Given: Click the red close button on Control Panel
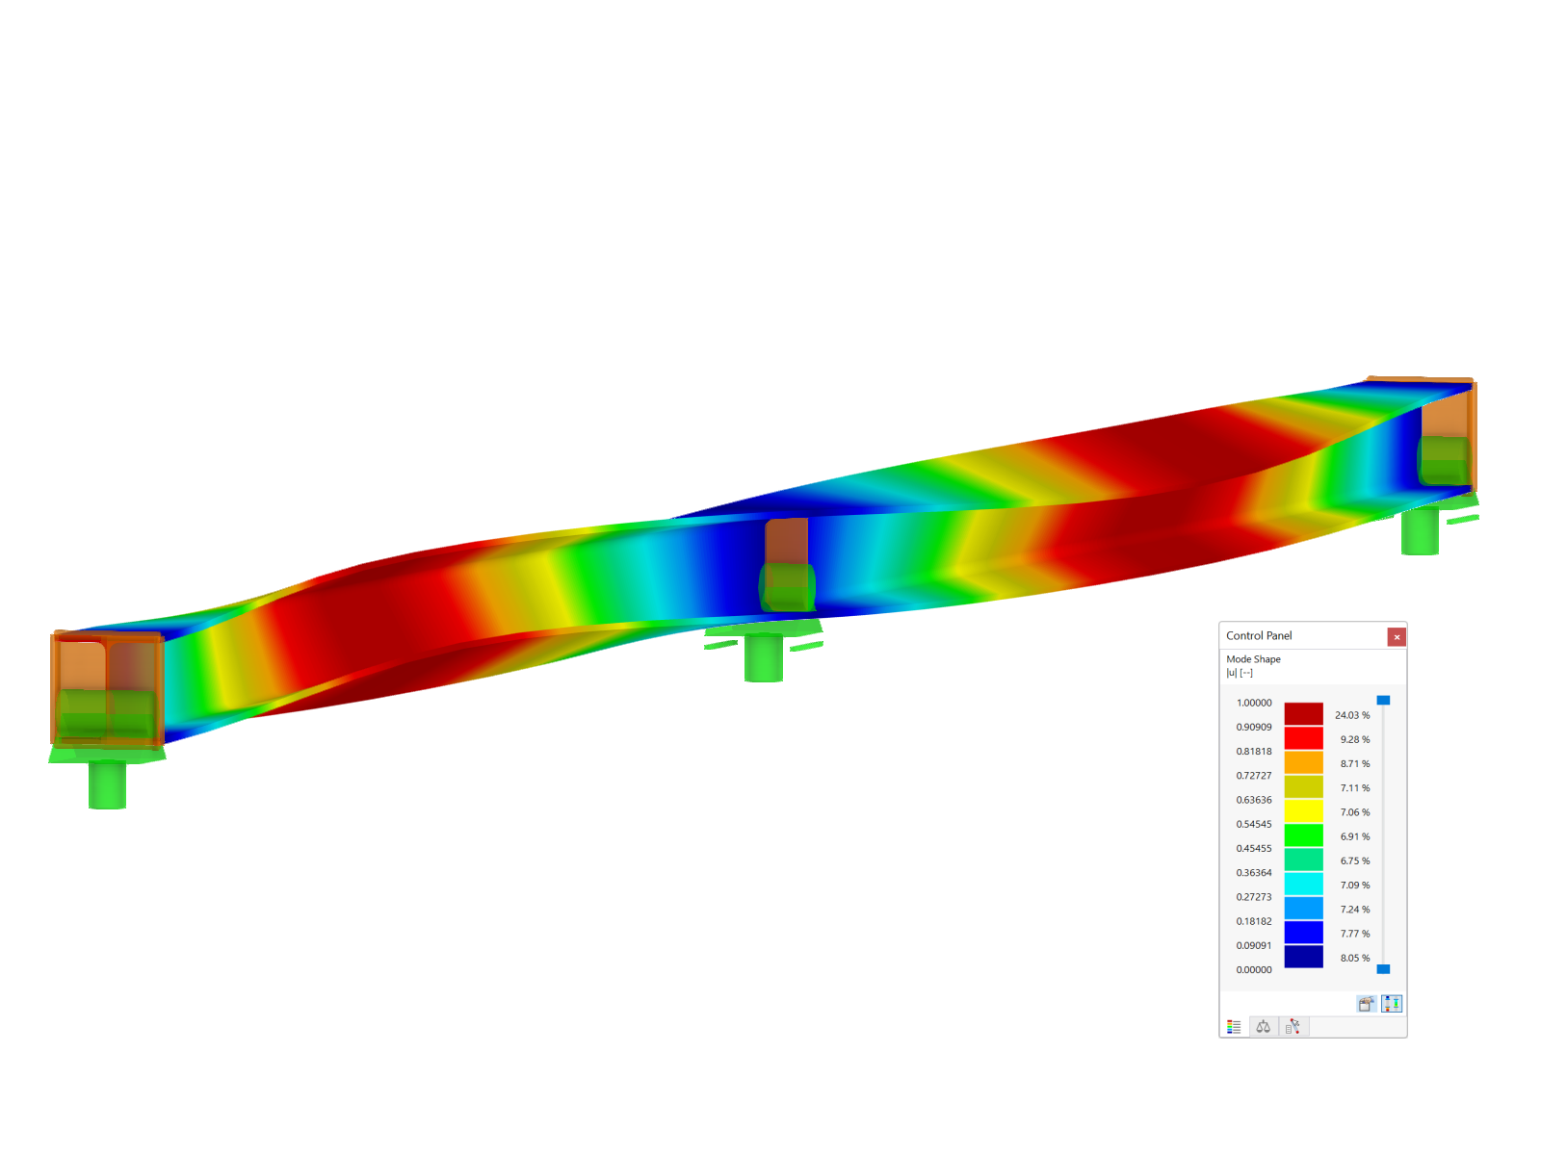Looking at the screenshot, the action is (x=1396, y=637).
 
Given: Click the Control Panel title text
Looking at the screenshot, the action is (x=1258, y=635).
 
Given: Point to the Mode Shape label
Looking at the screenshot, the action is (x=1253, y=659).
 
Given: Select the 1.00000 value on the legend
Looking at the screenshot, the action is (x=1254, y=703).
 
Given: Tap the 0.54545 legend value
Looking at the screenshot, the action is (x=1254, y=824).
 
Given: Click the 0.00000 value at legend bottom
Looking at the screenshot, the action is (x=1254, y=970).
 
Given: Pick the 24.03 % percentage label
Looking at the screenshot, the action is (x=1352, y=715).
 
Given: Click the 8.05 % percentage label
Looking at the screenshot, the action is (x=1355, y=958).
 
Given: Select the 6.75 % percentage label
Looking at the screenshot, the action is (x=1355, y=861).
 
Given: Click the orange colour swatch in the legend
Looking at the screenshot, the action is (x=1304, y=763).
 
